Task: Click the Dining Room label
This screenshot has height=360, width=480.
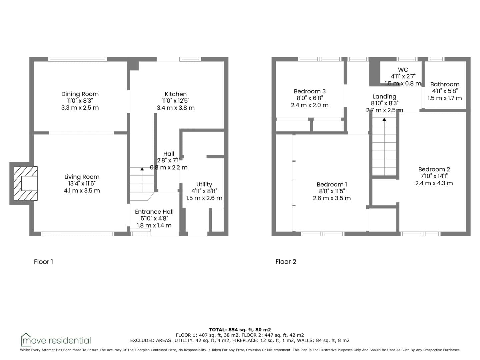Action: coord(80,94)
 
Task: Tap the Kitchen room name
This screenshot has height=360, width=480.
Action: coord(176,94)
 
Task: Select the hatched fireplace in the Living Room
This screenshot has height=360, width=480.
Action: coord(26,183)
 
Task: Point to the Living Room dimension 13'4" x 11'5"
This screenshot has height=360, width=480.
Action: coord(82,183)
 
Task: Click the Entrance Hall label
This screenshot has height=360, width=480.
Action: coord(154,212)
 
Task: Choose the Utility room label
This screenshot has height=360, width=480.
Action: coord(204,184)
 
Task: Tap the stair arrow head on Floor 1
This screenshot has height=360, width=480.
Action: coord(142,169)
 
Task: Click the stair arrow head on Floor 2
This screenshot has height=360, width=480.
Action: coord(384,119)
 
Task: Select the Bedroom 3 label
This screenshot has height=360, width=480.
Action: coord(310,91)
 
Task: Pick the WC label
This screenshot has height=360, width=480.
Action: coord(403,70)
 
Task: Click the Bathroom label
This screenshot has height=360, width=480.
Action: coord(445,84)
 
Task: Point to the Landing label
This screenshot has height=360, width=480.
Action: coord(384,97)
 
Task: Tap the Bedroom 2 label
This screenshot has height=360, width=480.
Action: coord(434,169)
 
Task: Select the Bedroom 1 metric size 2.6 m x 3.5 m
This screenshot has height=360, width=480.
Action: coord(332,198)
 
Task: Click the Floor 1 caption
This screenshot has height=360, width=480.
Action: coord(43,262)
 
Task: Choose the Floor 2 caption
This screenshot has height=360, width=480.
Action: coord(286,262)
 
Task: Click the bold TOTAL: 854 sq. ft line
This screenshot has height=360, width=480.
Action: coord(240,330)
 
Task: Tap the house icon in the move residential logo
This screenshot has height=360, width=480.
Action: coord(26,339)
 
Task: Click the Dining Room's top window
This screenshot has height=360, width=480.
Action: coord(78,59)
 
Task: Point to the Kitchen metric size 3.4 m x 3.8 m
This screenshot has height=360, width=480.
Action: coord(176,108)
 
